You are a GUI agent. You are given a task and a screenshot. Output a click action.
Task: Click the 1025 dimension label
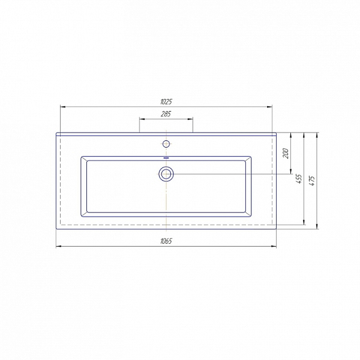(x=166, y=102)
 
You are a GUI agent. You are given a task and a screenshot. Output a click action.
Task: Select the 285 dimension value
(x=166, y=114)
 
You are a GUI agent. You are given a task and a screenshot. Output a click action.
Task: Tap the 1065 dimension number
(x=166, y=241)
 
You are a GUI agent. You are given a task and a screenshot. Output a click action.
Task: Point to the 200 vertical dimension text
(x=286, y=154)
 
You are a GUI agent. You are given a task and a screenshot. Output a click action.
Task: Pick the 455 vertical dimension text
(x=299, y=179)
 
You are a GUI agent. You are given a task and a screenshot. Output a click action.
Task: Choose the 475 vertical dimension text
(x=312, y=181)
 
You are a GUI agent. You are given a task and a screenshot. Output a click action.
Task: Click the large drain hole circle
(x=166, y=174)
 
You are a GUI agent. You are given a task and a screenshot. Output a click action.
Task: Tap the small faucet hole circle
(x=166, y=144)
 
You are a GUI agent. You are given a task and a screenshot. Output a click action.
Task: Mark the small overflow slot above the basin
(x=166, y=158)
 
